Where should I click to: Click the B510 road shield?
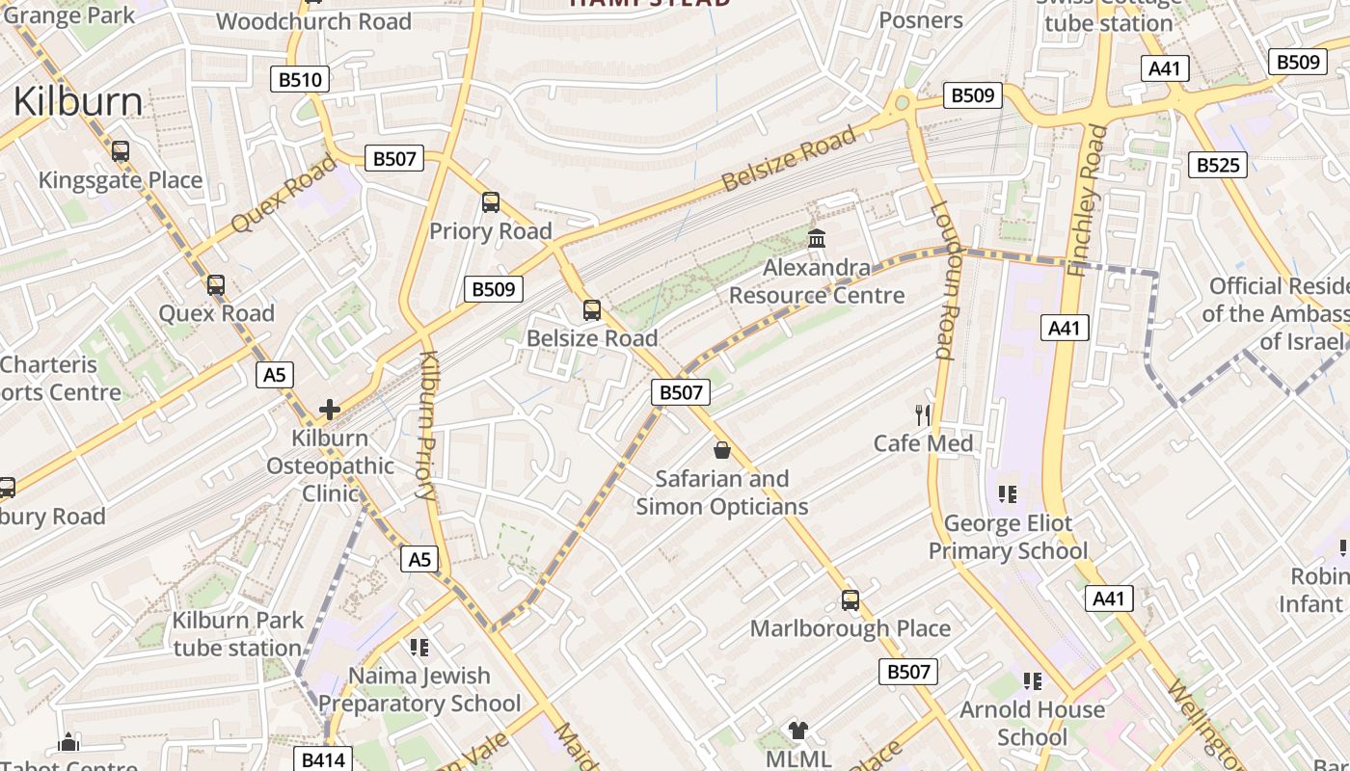click(299, 79)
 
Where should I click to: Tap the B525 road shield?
click(1217, 165)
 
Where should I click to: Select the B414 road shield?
click(322, 759)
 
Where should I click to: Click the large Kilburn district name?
click(78, 102)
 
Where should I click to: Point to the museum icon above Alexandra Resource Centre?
click(817, 238)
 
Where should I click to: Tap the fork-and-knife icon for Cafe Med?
click(923, 415)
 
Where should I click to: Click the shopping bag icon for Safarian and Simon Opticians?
click(721, 450)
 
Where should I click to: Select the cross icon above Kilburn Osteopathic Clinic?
click(330, 410)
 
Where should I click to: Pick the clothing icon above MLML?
click(797, 731)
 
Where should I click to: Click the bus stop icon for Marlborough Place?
click(850, 600)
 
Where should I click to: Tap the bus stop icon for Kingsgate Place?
click(121, 151)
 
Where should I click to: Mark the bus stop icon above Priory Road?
click(491, 202)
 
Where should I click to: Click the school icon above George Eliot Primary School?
click(1008, 495)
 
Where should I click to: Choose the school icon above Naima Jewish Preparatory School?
click(418, 648)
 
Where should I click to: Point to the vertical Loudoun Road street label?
click(942, 279)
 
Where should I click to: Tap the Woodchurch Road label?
click(313, 21)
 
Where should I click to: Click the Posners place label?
click(921, 19)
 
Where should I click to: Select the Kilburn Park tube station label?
click(238, 633)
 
